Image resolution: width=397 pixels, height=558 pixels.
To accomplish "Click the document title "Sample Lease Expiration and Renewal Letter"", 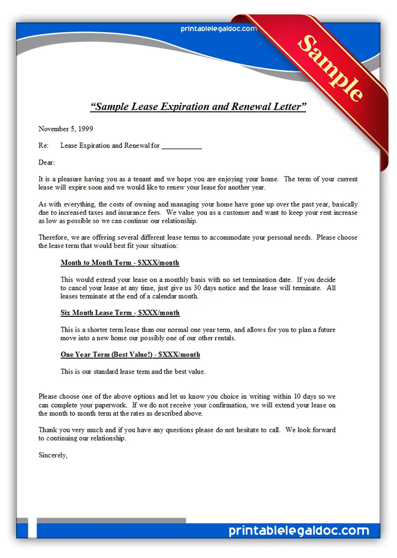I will click(198, 106).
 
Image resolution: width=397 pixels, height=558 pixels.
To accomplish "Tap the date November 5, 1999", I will click(65, 129).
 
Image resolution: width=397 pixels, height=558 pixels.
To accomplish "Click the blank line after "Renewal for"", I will click(181, 146).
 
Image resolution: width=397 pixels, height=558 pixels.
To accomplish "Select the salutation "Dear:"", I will click(47, 162).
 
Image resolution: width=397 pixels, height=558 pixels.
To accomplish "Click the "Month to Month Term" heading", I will click(119, 263).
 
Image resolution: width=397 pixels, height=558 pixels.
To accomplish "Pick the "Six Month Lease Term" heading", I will click(120, 312).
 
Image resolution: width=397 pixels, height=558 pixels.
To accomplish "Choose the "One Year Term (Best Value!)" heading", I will click(130, 354).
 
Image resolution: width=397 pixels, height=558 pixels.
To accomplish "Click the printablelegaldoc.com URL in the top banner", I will click(218, 29).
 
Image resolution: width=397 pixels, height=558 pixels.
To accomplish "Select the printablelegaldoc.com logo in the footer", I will click(298, 531).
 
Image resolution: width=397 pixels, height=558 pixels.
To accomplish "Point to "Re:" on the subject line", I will click(43, 146).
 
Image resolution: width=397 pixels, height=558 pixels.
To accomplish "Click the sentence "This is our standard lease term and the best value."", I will click(133, 372).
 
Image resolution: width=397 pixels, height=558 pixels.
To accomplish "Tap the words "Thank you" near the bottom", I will click(53, 430).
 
